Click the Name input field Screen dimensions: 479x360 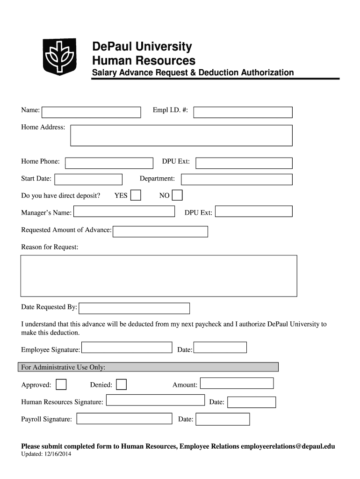coord(91,112)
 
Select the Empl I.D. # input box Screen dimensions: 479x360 coord(243,112)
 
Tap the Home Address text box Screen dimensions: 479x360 coord(181,136)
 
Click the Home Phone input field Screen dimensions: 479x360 coord(109,163)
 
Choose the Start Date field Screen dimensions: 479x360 coord(88,180)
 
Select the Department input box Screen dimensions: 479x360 coord(237,180)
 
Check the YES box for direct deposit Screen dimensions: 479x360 coord(136,195)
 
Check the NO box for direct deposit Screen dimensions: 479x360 coord(177,195)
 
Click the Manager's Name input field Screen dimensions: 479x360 coord(124,211)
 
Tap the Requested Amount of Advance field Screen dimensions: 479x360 coord(160,232)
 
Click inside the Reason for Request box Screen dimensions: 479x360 coord(158,276)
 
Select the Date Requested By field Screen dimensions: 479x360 coord(134,308)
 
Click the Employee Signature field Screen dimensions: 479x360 coord(127,348)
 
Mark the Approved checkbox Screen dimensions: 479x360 coord(61,385)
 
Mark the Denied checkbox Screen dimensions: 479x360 coord(121,385)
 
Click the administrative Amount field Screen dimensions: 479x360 coord(237,383)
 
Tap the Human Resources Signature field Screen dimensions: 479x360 coord(155,400)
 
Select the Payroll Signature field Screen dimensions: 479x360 coord(125,419)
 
